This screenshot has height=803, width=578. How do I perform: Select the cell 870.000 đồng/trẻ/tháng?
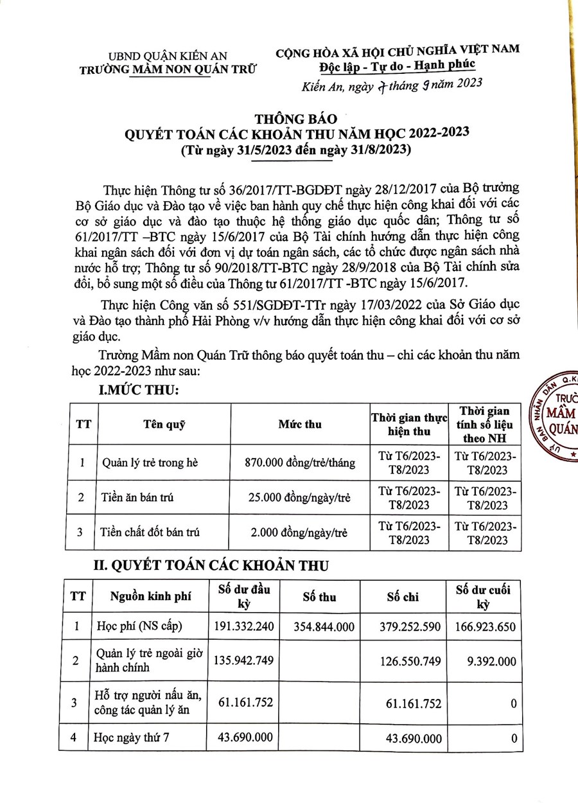coord(300,463)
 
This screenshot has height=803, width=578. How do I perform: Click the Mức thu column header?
coord(300,424)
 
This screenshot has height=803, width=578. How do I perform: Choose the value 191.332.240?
coord(243,625)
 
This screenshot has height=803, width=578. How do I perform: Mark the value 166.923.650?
coord(482,625)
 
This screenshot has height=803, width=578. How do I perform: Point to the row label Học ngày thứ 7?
coord(132,738)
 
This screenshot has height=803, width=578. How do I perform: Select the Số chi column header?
coord(403,597)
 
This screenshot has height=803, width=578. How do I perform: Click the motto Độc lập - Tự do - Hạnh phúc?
coord(396,65)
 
